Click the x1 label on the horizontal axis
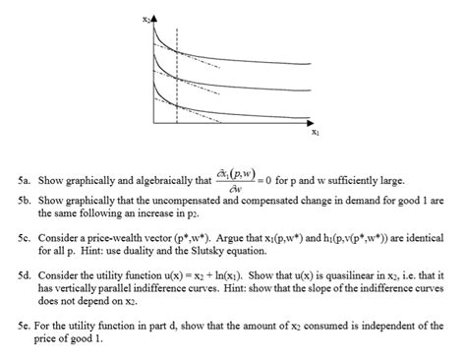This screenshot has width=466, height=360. click(x=314, y=130)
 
